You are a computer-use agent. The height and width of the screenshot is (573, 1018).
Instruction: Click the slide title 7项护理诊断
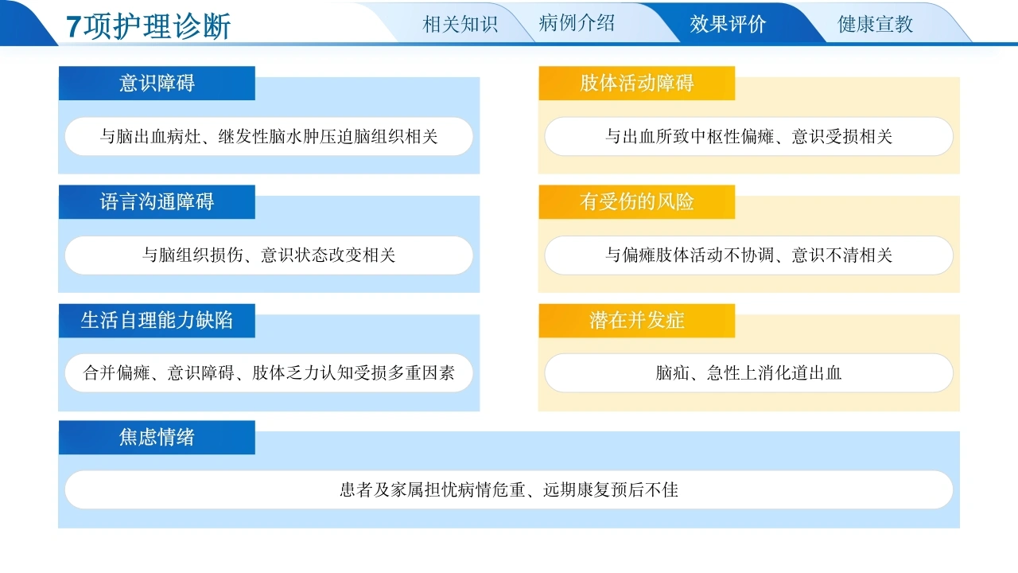click(148, 26)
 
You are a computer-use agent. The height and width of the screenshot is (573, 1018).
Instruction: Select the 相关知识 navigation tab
click(460, 24)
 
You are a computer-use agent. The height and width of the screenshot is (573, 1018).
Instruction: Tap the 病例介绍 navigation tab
click(577, 23)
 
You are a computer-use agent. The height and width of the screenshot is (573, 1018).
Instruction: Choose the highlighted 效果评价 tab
click(728, 24)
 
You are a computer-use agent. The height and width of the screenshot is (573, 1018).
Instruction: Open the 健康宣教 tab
click(876, 24)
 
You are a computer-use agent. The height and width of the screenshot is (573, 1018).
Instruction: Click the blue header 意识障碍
click(157, 84)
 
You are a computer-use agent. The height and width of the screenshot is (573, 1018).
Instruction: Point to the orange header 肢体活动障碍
click(637, 84)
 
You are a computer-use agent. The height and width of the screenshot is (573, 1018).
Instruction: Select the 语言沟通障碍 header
click(157, 202)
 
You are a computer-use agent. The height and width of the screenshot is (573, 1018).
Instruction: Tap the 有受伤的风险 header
click(637, 202)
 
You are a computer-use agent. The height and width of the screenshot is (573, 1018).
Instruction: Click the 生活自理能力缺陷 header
click(157, 321)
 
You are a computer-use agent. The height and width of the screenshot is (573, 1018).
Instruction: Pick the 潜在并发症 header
click(637, 321)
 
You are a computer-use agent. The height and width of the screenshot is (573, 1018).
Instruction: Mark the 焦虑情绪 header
click(157, 438)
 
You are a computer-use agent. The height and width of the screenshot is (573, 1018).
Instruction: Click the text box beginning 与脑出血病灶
click(269, 136)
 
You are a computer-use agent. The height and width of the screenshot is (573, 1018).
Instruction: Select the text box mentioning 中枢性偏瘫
click(748, 136)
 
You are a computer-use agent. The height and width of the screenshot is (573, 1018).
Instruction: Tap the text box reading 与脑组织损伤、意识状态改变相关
click(269, 255)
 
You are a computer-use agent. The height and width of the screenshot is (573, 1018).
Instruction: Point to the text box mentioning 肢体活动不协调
click(748, 255)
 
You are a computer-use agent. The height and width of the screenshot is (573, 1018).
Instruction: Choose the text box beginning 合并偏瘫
click(269, 373)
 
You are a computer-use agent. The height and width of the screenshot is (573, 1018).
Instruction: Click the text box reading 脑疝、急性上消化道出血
click(748, 373)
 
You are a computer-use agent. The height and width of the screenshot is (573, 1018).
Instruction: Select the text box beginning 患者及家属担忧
click(509, 489)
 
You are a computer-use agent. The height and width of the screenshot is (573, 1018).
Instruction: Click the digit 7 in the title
click(74, 26)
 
